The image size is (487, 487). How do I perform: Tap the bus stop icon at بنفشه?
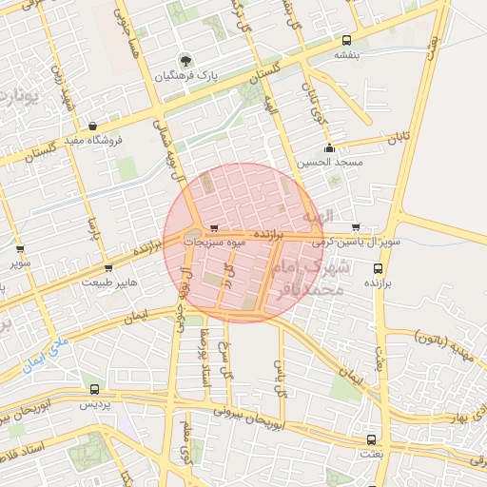tap(346, 41)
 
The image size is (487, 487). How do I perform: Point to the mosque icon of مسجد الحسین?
tap(329, 147)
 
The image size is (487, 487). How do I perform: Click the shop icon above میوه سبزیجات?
tap(214, 228)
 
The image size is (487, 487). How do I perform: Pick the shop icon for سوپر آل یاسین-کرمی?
tap(356, 227)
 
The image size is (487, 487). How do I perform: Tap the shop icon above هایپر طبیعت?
tap(107, 268)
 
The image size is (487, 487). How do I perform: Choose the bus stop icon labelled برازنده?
tap(378, 268)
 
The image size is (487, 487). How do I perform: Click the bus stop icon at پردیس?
tap(93, 389)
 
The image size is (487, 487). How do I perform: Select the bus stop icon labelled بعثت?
tap(370, 440)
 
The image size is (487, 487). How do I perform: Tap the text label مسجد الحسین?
tap(329, 163)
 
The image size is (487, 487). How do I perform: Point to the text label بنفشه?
tap(346, 56)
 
